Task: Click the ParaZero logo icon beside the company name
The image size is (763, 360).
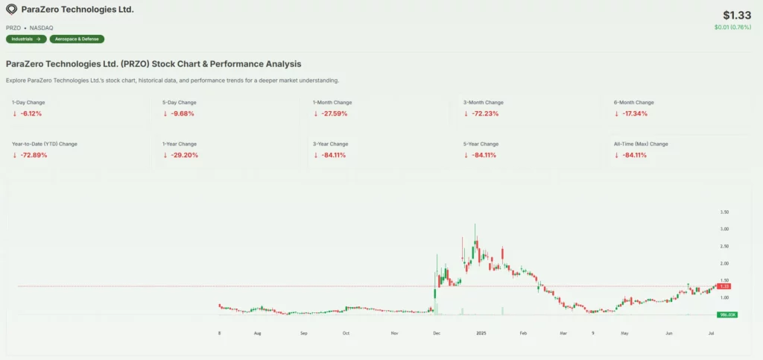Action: pyautogui.click(x=11, y=10)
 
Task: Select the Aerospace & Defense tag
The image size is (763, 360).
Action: pyautogui.click(x=77, y=39)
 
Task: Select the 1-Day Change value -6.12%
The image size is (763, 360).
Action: pyautogui.click(x=31, y=113)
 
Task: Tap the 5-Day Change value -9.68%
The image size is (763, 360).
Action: pyautogui.click(x=181, y=113)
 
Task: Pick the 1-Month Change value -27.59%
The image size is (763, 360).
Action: pyautogui.click(x=333, y=113)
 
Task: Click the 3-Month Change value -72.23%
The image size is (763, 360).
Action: pyautogui.click(x=484, y=113)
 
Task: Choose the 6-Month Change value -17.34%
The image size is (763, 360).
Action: pyautogui.click(x=634, y=113)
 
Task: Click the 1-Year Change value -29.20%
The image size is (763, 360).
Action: pyautogui.click(x=183, y=155)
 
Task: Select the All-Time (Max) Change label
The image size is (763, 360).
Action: pyautogui.click(x=640, y=144)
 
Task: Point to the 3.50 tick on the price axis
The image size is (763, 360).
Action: pyautogui.click(x=724, y=212)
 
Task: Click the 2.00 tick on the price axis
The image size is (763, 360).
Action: pyautogui.click(x=724, y=264)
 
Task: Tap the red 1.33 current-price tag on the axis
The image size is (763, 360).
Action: pyautogui.click(x=724, y=286)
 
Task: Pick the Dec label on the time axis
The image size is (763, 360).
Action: pyautogui.click(x=436, y=332)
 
